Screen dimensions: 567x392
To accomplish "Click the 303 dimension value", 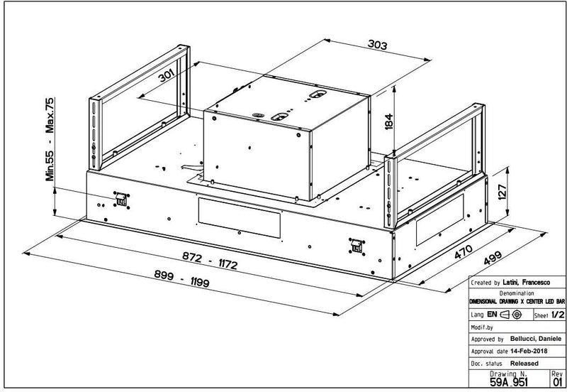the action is [377, 45].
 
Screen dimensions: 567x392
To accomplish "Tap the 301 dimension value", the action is [167, 75].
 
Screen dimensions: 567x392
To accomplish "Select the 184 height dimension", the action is [388, 121].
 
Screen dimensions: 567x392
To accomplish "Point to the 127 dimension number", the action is [502, 192].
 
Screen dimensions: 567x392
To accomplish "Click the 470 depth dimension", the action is [464, 251].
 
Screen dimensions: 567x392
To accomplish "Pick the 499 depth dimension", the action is [493, 258].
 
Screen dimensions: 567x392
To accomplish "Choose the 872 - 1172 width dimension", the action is [210, 261].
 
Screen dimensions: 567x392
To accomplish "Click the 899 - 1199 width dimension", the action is [181, 278].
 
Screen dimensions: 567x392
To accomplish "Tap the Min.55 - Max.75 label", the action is [50, 139].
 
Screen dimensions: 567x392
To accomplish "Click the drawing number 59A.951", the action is [509, 382].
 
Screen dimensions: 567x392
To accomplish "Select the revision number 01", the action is [558, 381].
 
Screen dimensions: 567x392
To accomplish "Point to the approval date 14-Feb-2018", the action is [529, 351].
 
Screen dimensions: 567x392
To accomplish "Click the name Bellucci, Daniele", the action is [536, 338].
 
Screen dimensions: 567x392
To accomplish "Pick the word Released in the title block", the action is [524, 363].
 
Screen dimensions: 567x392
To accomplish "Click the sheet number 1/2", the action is [558, 315].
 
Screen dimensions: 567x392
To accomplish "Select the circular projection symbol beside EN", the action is [517, 315].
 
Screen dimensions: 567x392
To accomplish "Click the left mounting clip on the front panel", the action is [121, 200].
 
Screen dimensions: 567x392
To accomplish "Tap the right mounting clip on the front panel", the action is [357, 246].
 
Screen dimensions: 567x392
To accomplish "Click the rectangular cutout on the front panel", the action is [240, 218].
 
